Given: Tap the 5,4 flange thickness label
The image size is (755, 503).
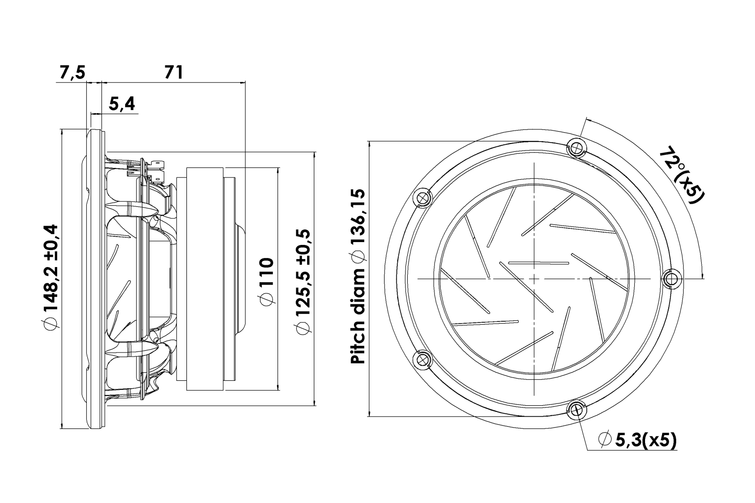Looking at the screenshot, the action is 122,104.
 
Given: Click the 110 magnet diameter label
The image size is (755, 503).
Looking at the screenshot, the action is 266,282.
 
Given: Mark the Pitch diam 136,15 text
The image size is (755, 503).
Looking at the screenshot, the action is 359,277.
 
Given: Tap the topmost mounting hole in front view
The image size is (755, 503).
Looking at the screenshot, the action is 576,148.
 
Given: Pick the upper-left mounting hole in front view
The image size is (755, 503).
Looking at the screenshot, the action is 422,198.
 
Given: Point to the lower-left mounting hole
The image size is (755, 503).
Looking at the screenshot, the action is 422,360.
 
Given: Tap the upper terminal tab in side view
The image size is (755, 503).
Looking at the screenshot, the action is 157,165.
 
